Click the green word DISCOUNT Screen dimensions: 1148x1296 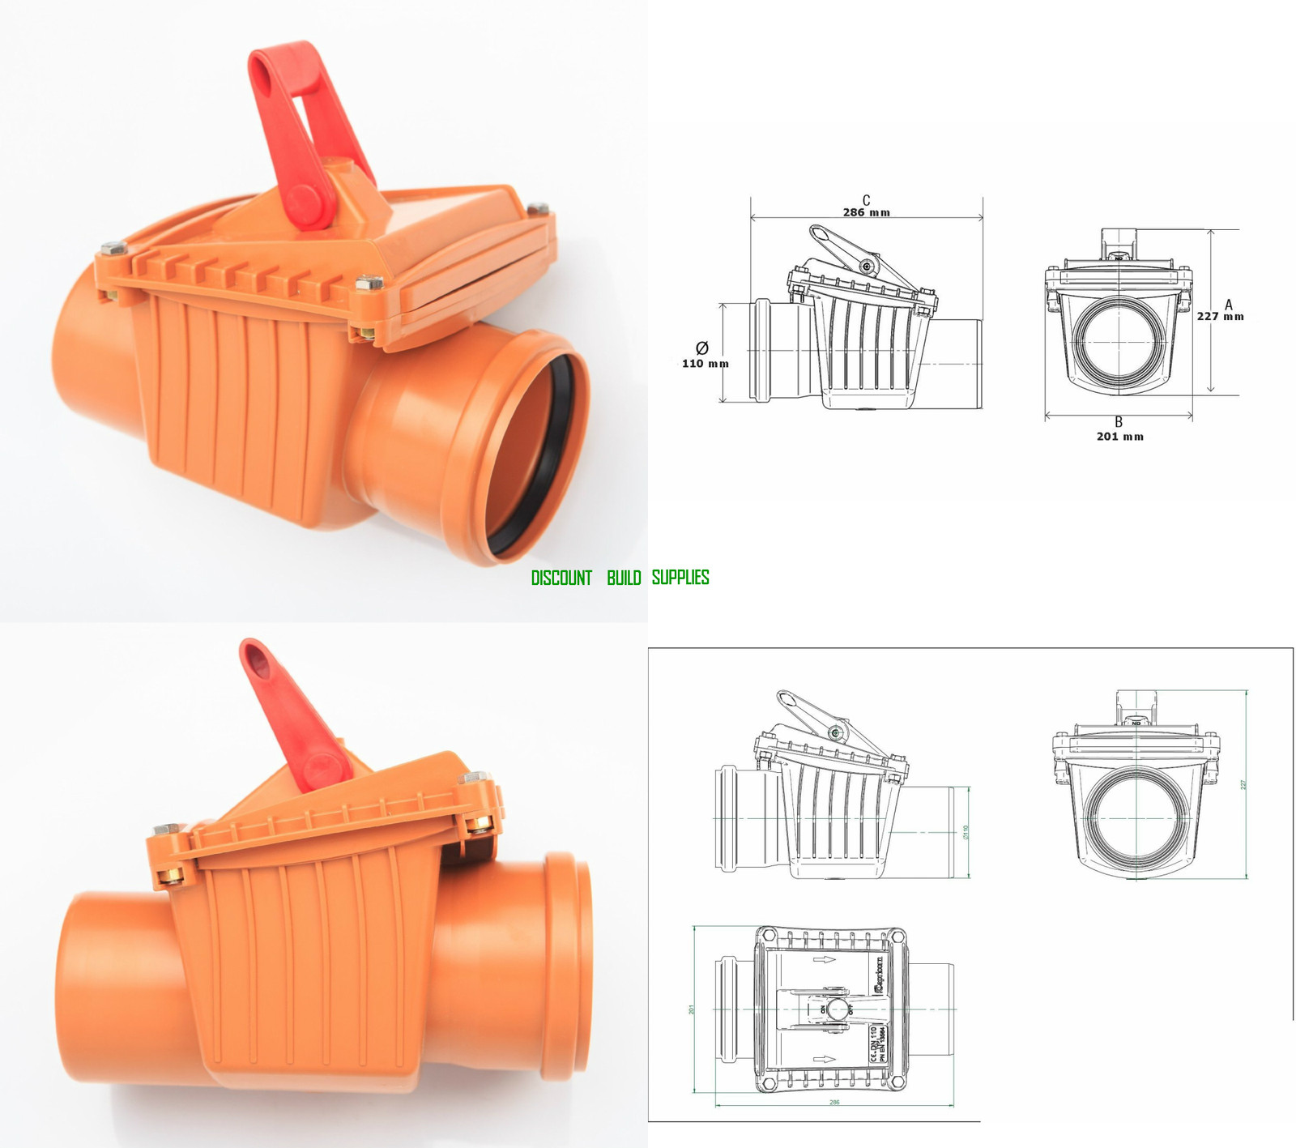tap(561, 578)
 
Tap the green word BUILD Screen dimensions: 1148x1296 tap(624, 578)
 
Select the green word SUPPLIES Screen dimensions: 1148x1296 tap(680, 578)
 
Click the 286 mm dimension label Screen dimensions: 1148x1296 tap(866, 213)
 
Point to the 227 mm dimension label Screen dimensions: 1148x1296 tap(1220, 317)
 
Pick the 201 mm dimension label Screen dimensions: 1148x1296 tap(1119, 437)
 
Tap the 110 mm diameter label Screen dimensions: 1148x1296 tap(705, 364)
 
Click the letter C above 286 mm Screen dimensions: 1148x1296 tap(866, 200)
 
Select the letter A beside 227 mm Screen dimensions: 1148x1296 tap(1229, 305)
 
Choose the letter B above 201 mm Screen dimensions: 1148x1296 tap(1119, 422)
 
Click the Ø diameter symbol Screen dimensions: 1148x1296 tap(702, 348)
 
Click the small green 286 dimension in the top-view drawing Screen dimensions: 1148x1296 tap(834, 1102)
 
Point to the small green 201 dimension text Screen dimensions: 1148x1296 tap(692, 1009)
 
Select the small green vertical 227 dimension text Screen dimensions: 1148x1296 tap(1243, 784)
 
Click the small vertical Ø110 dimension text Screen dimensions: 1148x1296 tap(966, 832)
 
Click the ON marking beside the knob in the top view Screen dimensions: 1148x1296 tap(823, 1009)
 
